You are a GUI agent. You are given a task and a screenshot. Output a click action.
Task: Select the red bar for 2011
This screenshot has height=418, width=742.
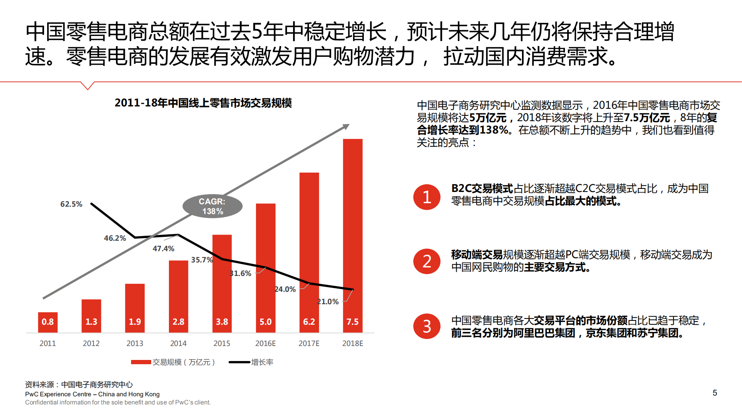(48, 322)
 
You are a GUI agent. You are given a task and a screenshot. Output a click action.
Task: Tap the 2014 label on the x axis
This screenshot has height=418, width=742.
(178, 343)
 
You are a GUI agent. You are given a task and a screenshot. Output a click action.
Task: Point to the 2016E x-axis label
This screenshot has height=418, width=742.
(265, 343)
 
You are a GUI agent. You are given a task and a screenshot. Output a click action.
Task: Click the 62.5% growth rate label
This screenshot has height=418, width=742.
(72, 204)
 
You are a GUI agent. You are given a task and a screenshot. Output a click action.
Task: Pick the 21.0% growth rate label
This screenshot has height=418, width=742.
(328, 302)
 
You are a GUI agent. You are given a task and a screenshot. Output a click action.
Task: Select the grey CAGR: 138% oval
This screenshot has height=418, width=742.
(212, 206)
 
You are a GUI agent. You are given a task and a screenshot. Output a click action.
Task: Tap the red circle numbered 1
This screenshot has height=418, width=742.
(426, 197)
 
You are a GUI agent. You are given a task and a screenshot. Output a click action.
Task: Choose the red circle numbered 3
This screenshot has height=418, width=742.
(426, 326)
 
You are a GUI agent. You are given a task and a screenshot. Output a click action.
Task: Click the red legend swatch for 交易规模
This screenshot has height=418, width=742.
(141, 362)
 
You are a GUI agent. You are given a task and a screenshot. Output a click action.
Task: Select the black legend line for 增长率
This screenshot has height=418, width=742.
(239, 362)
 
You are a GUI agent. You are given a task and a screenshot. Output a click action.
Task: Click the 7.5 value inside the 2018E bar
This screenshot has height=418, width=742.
(352, 322)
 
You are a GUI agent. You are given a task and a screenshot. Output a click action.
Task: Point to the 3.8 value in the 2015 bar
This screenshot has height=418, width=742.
(222, 322)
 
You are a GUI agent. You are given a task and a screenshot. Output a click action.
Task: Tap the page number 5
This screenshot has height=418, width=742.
(715, 393)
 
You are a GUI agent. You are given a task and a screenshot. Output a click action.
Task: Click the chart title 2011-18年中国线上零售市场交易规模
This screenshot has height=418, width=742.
(203, 103)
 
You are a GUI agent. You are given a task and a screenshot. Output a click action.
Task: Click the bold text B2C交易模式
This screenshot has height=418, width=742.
(482, 188)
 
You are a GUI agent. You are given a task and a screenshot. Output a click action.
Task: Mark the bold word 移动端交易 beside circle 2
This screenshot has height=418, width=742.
(477, 255)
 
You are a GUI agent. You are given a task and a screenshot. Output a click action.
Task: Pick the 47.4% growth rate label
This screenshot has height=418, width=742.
(163, 248)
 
